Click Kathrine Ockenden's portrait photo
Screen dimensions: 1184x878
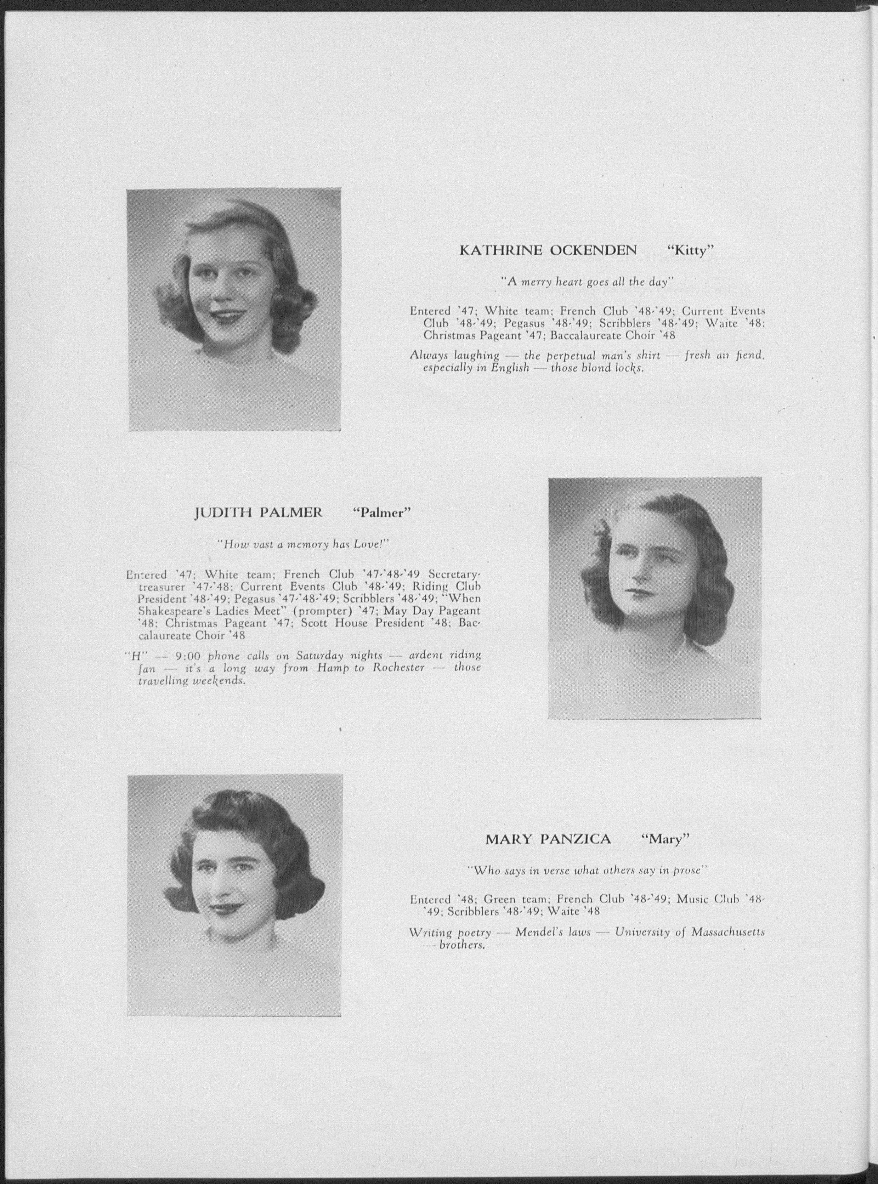pos(234,309)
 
